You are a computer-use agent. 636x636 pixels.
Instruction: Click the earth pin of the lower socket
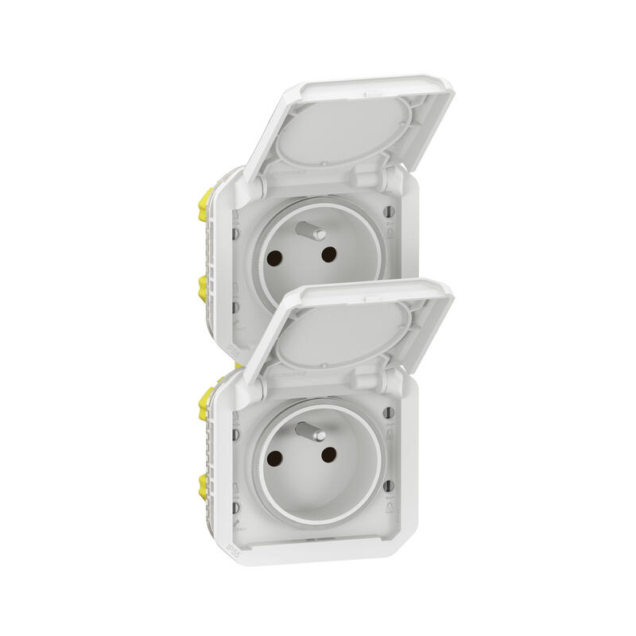(x=306, y=435)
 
